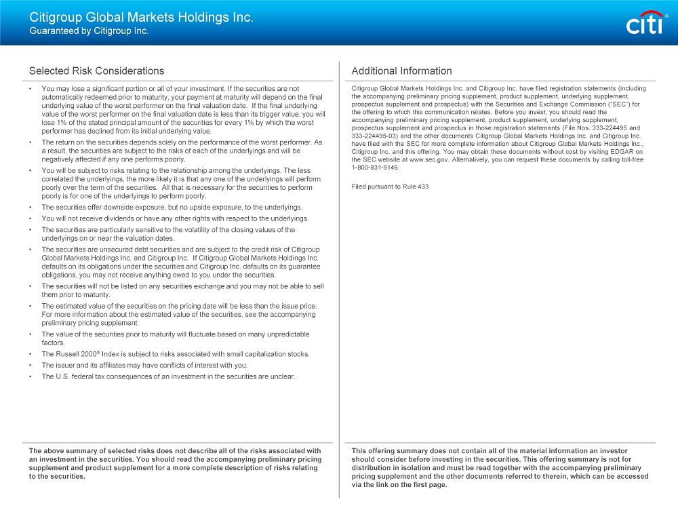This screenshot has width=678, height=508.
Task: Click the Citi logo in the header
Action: pyautogui.click(x=643, y=24)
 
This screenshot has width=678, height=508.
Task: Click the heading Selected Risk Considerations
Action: pyautogui.click(x=96, y=71)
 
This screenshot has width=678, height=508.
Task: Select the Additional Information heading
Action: pyautogui.click(x=401, y=71)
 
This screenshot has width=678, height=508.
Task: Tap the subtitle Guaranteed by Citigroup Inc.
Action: pyautogui.click(x=89, y=31)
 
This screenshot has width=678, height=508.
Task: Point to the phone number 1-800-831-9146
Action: pyautogui.click(x=376, y=168)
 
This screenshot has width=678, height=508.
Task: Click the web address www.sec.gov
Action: pyautogui.click(x=429, y=159)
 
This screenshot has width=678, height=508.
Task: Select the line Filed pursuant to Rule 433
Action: pyautogui.click(x=390, y=187)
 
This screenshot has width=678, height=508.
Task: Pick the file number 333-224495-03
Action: pyautogui.click(x=375, y=136)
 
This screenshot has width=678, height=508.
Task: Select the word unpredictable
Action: pyautogui.click(x=283, y=334)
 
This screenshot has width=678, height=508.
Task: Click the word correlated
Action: pyautogui.click(x=59, y=179)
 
